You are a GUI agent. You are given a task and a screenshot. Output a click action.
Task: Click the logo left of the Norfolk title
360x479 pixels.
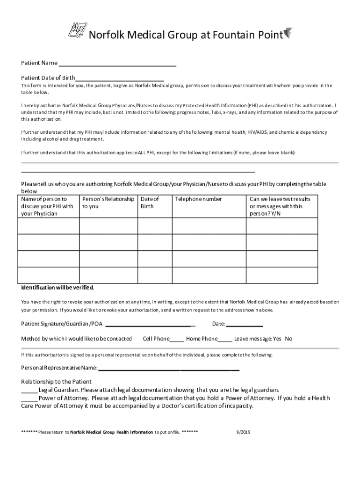pyautogui.click(x=77, y=33)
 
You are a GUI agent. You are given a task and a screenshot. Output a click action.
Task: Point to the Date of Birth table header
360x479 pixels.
pyautogui.click(x=150, y=203)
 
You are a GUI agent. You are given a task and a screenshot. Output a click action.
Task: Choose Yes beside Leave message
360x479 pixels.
pyautogui.click(x=277, y=339)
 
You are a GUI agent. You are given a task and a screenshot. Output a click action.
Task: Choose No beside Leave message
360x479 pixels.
pyautogui.click(x=288, y=339)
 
